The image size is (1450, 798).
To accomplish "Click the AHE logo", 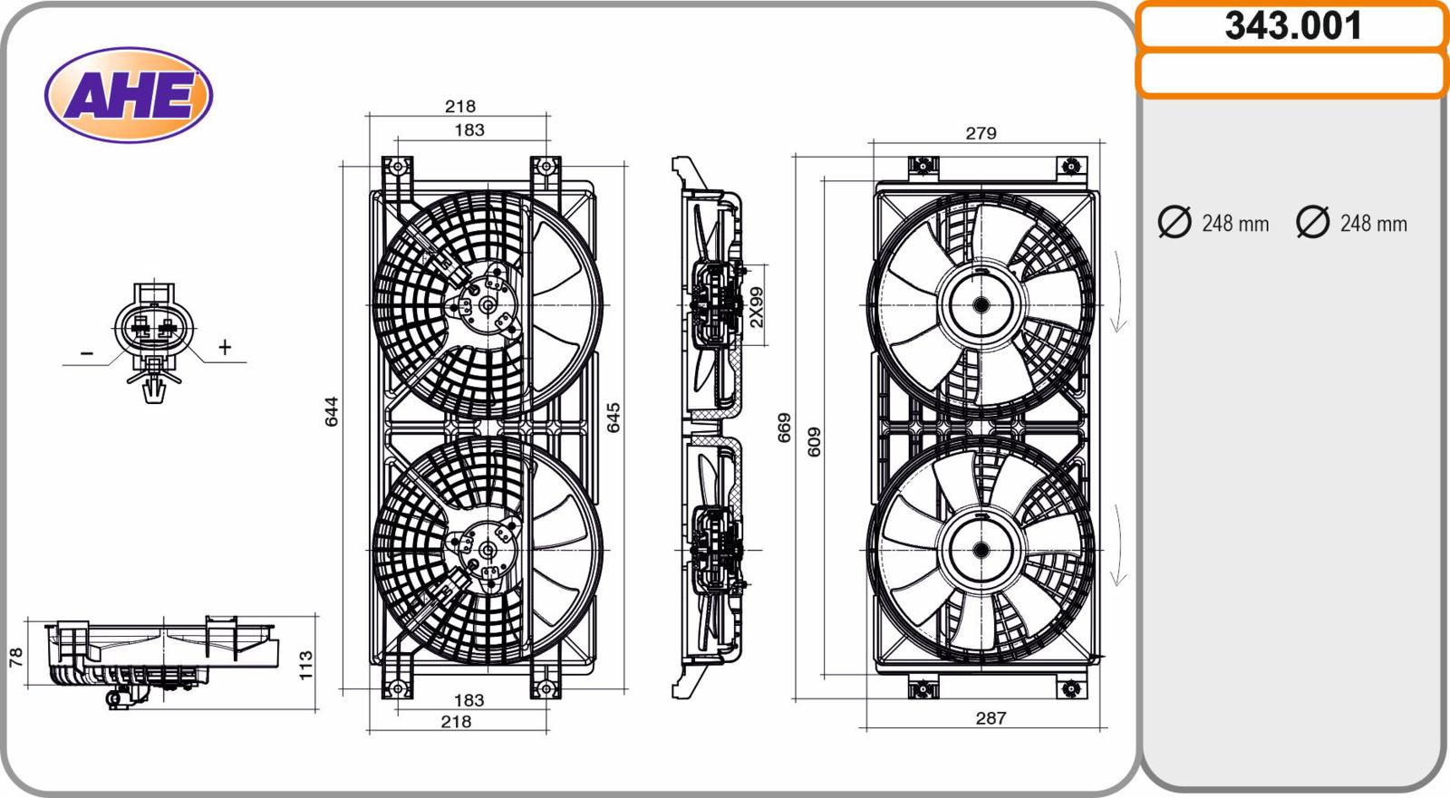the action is click(129, 95).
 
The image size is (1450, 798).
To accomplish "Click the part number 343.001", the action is click(1292, 26).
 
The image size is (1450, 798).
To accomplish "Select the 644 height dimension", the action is click(332, 411).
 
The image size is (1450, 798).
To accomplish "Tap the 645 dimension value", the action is click(613, 418).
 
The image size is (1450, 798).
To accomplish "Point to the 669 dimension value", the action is click(784, 428).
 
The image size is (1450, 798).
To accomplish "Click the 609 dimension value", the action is click(814, 442).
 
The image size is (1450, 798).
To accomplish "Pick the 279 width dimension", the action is click(981, 133).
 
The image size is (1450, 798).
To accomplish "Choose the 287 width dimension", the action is click(991, 717).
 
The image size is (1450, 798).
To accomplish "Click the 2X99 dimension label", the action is click(756, 307).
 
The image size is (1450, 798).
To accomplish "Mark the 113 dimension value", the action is click(305, 666).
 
